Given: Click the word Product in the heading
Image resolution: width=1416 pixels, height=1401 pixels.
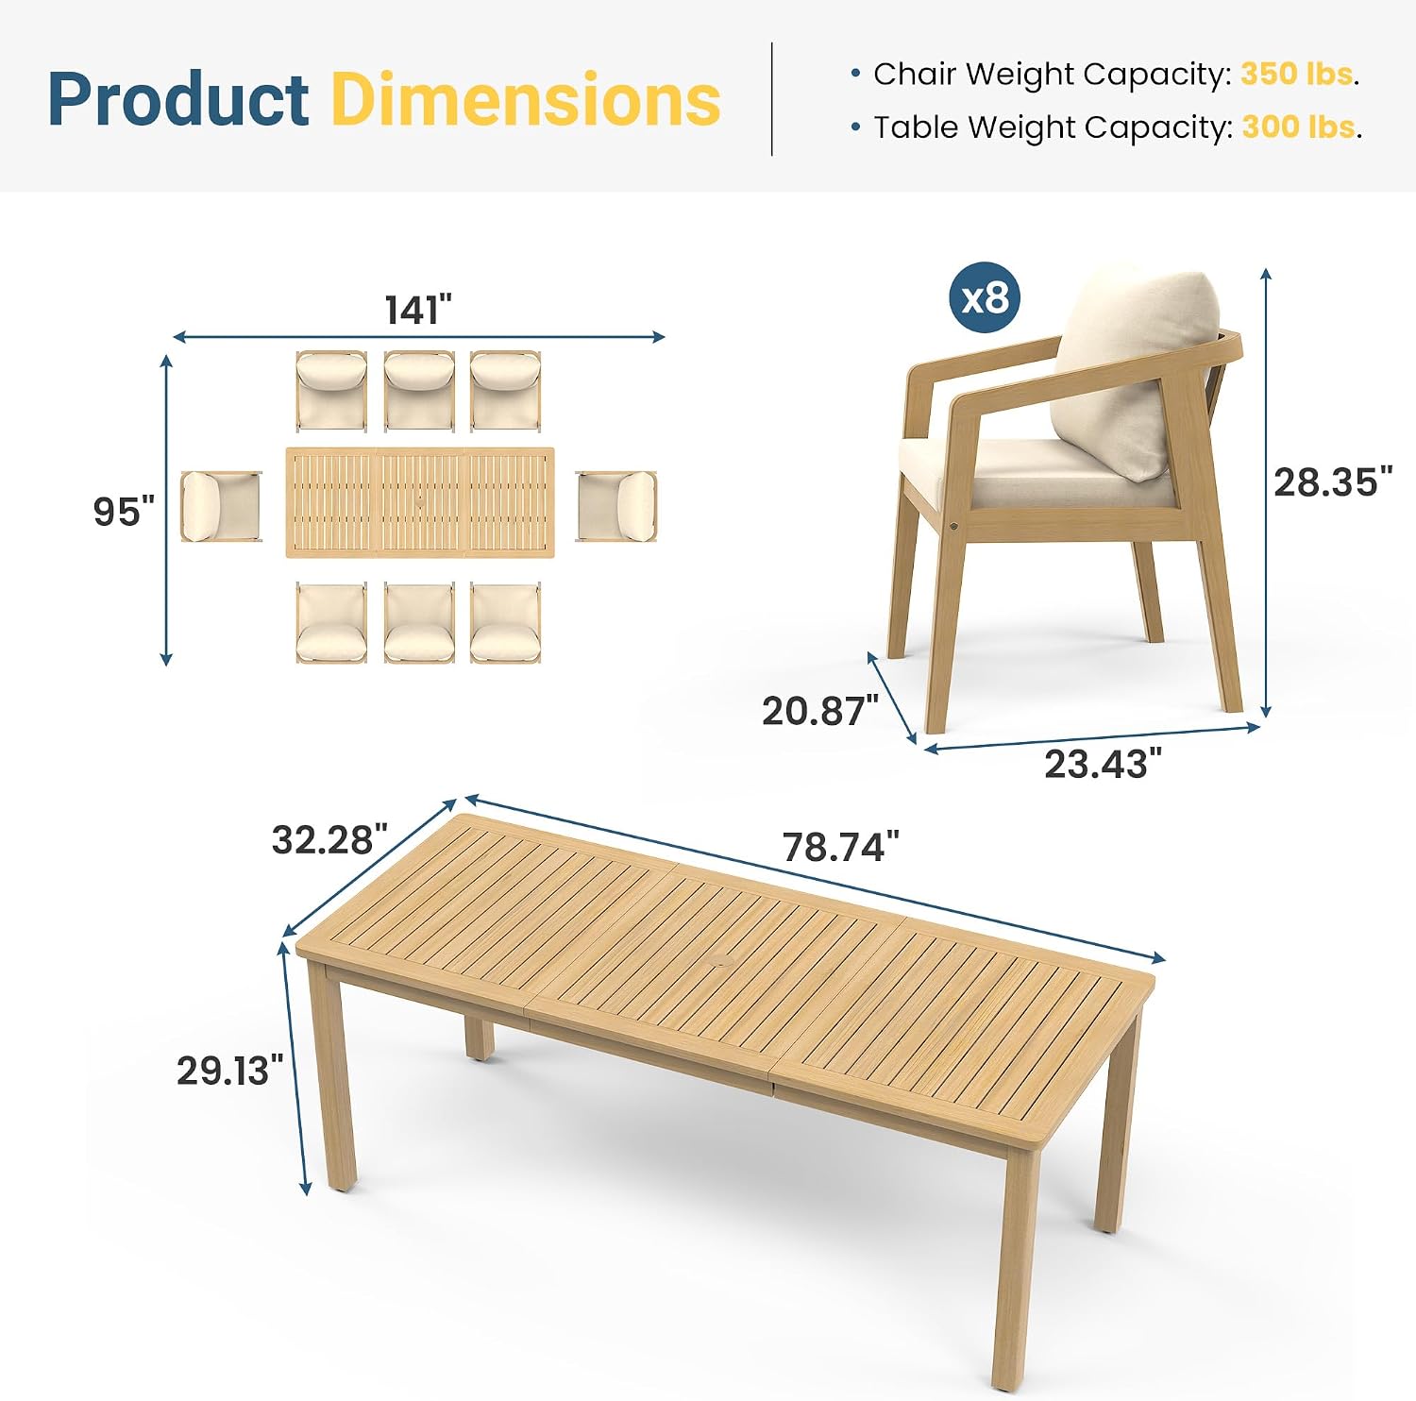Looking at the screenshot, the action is [178, 99].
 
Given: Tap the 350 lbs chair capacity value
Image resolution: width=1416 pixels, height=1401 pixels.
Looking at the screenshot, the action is [1297, 74].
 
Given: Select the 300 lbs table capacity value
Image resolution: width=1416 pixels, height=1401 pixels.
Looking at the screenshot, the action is [1299, 127].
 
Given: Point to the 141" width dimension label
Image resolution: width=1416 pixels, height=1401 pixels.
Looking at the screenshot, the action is [418, 310].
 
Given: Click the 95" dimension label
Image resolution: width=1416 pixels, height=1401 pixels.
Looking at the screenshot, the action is [124, 511].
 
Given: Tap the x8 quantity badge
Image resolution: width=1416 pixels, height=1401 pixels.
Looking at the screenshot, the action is [985, 297].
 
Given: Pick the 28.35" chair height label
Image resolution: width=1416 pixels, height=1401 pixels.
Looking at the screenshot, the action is [1332, 482].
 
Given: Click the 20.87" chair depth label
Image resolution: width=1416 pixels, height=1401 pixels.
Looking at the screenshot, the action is [820, 711].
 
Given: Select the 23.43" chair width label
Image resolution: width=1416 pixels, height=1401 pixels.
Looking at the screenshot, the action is [1103, 764].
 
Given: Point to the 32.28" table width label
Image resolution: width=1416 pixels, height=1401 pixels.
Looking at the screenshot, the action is [329, 839].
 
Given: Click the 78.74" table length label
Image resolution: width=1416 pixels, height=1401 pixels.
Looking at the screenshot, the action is [840, 847].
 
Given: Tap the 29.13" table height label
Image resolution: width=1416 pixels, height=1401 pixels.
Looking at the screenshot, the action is [229, 1070].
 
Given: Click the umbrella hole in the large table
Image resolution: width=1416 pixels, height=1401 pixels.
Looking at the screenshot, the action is [724, 962].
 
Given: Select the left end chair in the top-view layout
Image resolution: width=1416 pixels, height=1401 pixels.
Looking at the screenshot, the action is [221, 506].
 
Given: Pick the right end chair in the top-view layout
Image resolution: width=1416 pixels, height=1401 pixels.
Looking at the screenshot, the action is [616, 506].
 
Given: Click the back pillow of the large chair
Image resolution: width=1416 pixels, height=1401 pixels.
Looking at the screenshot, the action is [1133, 368].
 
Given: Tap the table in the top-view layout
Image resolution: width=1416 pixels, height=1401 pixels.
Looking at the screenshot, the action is [420, 503].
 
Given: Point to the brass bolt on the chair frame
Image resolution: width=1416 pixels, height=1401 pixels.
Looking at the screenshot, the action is [955, 523].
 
